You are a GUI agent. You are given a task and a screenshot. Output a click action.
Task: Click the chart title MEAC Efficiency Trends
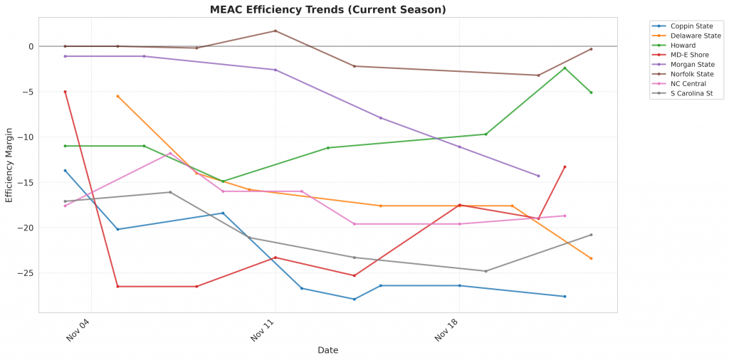pos(327,10)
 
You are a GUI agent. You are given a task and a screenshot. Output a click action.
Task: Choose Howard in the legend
pos(681,46)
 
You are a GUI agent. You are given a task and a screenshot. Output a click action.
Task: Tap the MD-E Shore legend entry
pos(687,55)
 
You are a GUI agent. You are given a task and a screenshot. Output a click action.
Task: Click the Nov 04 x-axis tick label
pos(78,332)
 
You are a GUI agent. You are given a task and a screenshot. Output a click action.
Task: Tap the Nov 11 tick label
pos(262,332)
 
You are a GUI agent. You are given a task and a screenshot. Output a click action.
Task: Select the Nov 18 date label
pos(446,332)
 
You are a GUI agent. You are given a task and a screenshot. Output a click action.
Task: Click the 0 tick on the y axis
pos(30,46)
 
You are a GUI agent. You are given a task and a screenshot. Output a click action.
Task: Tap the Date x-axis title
pos(327,350)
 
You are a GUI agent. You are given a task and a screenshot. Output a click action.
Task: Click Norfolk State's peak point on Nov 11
pos(276,31)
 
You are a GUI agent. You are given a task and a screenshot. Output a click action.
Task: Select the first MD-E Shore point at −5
pos(65,92)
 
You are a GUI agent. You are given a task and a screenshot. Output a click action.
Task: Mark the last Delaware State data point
pos(591,258)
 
